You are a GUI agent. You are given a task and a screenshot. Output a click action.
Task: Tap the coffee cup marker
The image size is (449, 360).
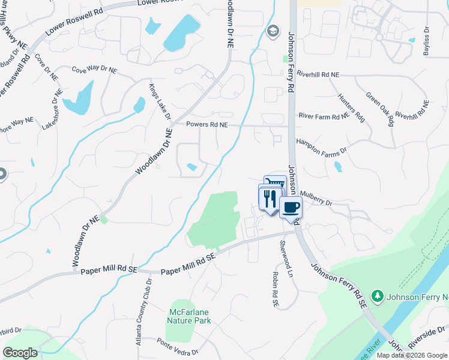291,208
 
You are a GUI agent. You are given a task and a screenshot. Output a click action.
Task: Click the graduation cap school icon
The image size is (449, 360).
273,31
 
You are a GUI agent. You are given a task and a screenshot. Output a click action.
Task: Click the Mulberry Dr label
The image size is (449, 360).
316,199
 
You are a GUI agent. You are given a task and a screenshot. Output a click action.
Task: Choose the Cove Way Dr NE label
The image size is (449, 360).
95,69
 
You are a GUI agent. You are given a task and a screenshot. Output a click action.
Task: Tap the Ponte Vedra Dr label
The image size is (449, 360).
177,346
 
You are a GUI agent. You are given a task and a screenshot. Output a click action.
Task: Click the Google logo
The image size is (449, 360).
20,353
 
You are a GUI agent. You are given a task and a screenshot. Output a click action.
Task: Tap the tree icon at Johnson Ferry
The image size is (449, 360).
377,295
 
